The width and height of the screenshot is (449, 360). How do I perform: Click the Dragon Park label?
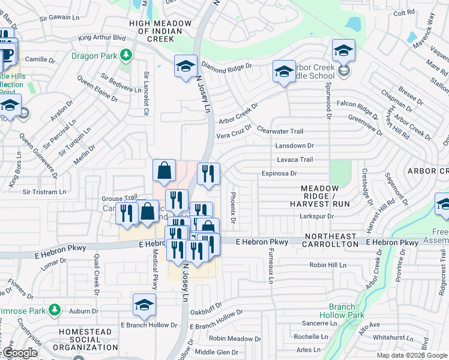[94, 56]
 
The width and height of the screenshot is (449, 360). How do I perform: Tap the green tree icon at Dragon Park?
[125, 56]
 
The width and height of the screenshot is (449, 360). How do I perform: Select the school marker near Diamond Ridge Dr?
[186, 66]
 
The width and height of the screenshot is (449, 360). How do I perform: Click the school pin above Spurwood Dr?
[343, 51]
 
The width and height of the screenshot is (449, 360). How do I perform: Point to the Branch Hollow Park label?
[342, 311]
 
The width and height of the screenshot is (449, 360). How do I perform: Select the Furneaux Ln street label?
[271, 267]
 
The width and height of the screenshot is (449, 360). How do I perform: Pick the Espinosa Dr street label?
[279, 173]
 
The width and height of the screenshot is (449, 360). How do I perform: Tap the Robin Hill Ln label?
[328, 265]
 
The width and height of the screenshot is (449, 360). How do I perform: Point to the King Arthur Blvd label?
[104, 37]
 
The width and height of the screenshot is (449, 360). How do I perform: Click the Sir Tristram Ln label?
[44, 192]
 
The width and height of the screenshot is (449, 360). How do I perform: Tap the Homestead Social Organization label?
[85, 340]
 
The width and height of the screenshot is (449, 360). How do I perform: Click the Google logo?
[20, 353]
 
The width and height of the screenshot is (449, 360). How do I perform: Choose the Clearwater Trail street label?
[280, 131]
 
